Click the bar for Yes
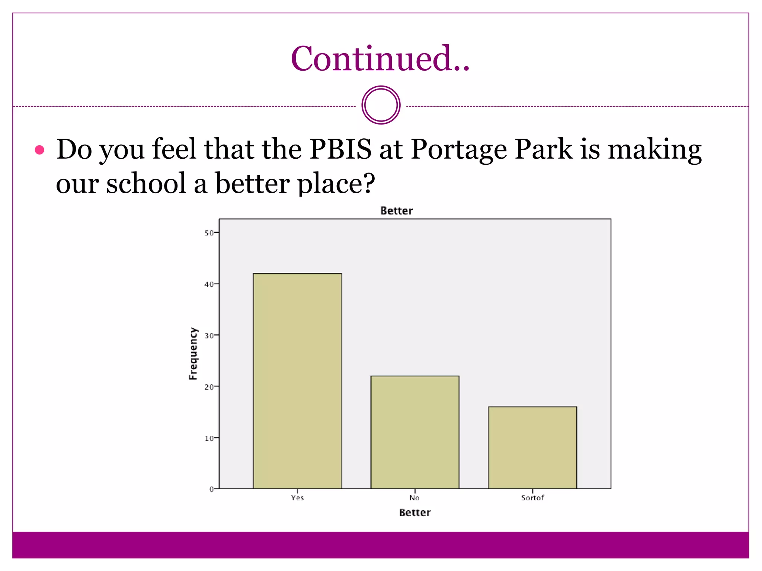297,381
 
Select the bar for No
415,432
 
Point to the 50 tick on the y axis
209,233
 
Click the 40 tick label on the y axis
209,284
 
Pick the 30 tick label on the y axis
209,336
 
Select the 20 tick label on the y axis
209,387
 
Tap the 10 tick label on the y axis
209,438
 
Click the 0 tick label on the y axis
211,489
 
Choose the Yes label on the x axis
297,498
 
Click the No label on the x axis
414,498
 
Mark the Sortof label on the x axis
532,498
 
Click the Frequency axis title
193,354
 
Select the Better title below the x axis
415,513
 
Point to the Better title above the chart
397,211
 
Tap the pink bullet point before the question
39,150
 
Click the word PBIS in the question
340,149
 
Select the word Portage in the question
459,149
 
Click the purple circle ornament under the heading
381,105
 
